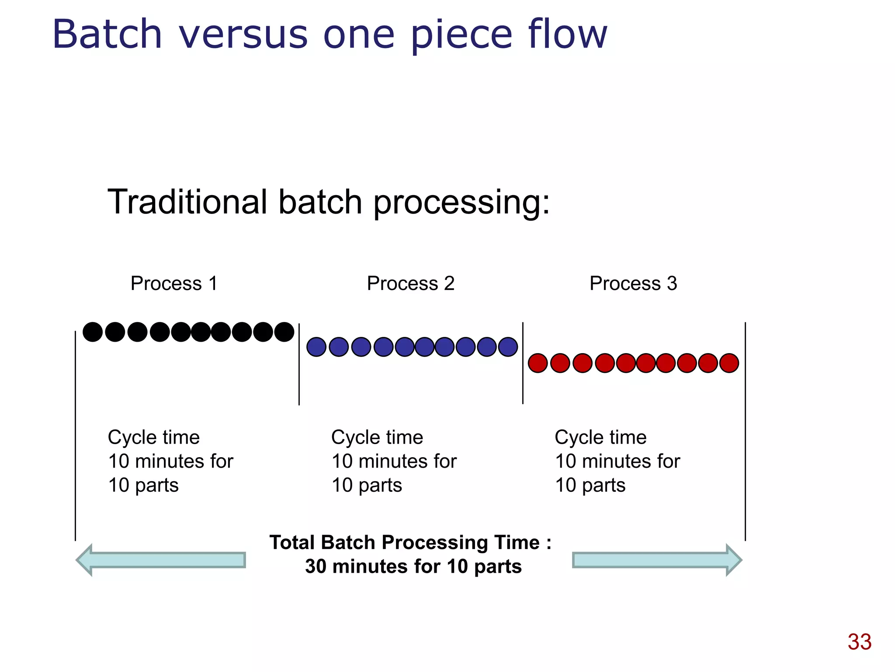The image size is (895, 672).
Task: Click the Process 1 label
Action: [x=174, y=283]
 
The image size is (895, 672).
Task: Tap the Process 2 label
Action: [x=410, y=283]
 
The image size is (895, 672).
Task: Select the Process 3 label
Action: [x=633, y=283]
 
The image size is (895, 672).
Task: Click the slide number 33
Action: [x=859, y=642]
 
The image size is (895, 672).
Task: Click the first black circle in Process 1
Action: [x=93, y=332]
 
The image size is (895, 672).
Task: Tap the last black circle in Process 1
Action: [x=284, y=332]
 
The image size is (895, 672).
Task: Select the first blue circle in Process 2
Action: [x=316, y=347]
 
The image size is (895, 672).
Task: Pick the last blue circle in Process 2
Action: [x=508, y=347]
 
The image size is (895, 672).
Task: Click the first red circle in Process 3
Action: [x=538, y=363]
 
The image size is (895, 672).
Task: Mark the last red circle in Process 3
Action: [x=729, y=363]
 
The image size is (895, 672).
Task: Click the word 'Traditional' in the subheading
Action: [x=187, y=202]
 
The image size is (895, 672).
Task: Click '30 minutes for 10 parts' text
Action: [x=413, y=567]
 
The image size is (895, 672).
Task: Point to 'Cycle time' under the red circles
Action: [x=600, y=437]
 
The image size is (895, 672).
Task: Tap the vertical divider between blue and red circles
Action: [x=523, y=363]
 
